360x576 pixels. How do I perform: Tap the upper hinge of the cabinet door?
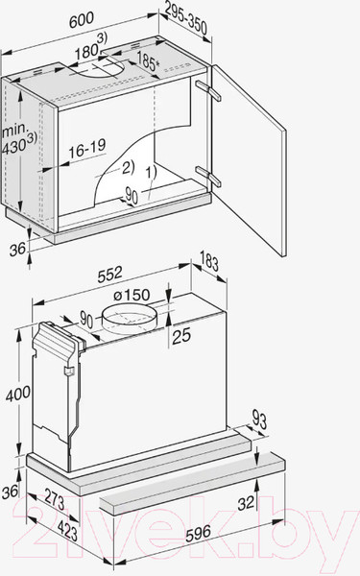[x=204, y=86]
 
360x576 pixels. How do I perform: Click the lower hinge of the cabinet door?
[x=203, y=172]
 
